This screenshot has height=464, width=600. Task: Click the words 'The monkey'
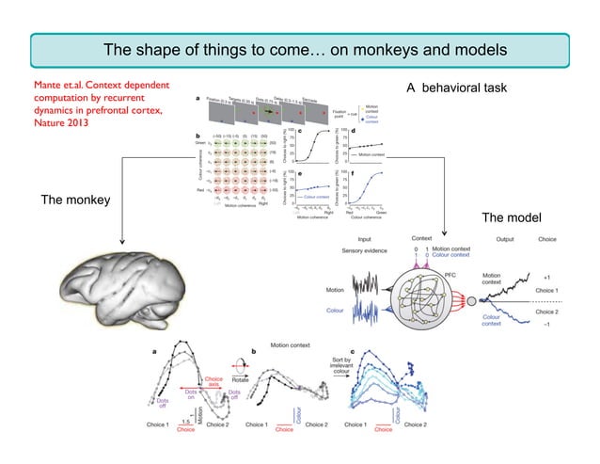74,200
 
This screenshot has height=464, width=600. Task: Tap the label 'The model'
512,217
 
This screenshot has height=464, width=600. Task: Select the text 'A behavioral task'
456,88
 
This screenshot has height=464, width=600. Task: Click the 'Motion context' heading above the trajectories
295,345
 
